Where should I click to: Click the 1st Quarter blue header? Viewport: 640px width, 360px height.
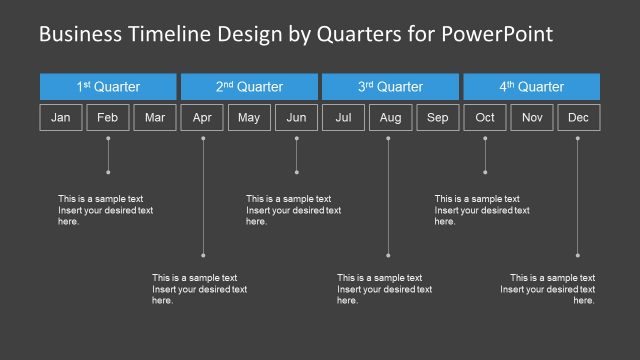pyautogui.click(x=108, y=87)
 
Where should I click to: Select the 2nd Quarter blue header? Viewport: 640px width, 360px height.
pyautogui.click(x=249, y=87)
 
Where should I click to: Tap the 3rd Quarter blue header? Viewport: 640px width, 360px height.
pyautogui.click(x=390, y=87)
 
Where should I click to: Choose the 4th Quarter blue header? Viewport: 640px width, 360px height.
pyautogui.click(x=531, y=87)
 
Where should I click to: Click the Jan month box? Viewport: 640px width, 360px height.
pyautogui.click(x=61, y=118)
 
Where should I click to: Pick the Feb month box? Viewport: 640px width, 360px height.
pyautogui.click(x=108, y=118)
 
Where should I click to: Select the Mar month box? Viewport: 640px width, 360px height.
pyautogui.click(x=155, y=118)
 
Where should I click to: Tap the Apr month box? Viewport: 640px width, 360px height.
pyautogui.click(x=202, y=118)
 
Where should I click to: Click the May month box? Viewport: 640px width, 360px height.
pyautogui.click(x=249, y=118)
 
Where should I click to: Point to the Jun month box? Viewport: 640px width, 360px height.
pyautogui.click(x=296, y=118)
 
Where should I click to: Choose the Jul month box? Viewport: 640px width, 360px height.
pyautogui.click(x=343, y=118)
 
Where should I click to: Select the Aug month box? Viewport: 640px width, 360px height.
pyautogui.click(x=390, y=118)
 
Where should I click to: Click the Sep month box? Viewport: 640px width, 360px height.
pyautogui.click(x=437, y=118)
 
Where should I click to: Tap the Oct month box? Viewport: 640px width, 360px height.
pyautogui.click(x=485, y=118)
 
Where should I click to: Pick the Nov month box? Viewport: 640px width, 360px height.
pyautogui.click(x=532, y=118)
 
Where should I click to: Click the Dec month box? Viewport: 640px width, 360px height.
pyautogui.click(x=578, y=118)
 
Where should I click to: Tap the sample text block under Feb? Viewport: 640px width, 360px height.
pyautogui.click(x=105, y=210)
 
